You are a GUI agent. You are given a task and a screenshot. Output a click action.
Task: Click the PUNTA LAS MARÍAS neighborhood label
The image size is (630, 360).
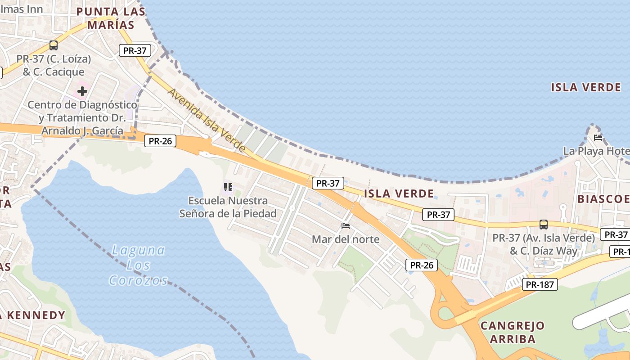tap(111, 18)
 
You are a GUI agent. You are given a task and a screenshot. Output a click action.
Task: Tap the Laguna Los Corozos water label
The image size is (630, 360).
tap(138, 265)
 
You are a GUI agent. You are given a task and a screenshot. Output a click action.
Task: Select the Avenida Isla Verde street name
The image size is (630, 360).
tap(207, 120)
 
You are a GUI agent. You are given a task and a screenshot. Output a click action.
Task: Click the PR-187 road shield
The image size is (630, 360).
tap(540, 284)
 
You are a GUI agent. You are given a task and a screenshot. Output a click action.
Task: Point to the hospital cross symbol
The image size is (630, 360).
tap(82, 92)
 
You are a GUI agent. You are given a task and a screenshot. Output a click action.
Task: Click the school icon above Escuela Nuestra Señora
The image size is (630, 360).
tap(228, 187)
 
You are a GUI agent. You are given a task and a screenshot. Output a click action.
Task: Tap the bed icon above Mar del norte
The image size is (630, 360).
tap(346, 226)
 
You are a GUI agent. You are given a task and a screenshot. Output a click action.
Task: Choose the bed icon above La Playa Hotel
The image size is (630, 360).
tap(598, 138)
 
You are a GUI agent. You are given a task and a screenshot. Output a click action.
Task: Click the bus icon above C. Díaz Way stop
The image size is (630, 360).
tap(544, 224)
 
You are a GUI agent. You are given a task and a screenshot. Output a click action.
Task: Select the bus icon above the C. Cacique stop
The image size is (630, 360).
tap(54, 45)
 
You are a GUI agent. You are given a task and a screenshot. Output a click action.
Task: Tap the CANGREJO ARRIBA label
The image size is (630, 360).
tap(513, 332)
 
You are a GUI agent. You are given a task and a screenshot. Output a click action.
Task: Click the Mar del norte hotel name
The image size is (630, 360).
tap(346, 239)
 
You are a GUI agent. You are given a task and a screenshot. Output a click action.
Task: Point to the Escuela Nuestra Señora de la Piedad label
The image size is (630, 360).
tap(228, 207)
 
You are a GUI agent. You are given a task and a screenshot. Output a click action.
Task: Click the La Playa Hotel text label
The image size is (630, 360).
tap(596, 151)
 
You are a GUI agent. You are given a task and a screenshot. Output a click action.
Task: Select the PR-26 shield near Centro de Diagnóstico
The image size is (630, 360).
tap(160, 141)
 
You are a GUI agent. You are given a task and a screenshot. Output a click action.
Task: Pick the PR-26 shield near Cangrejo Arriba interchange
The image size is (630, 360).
tap(422, 265)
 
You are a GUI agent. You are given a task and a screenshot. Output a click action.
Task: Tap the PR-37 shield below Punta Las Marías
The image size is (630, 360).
tap(135, 50)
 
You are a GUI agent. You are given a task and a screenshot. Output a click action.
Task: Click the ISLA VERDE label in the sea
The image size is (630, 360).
tap(586, 87)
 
